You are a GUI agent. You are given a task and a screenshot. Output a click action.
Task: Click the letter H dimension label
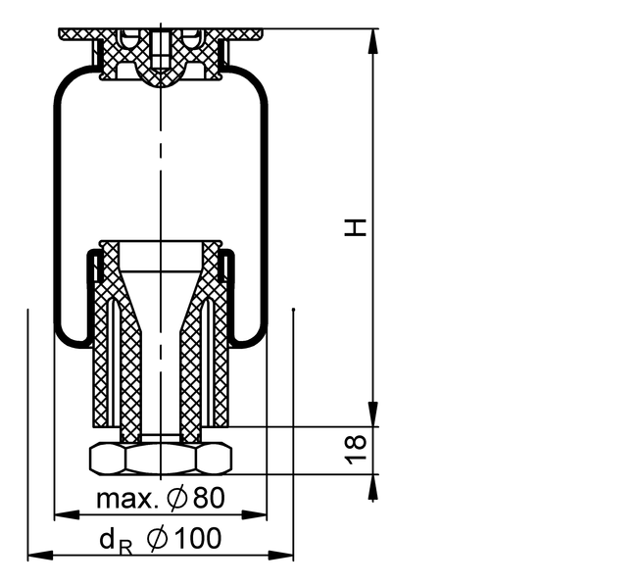click(356, 227)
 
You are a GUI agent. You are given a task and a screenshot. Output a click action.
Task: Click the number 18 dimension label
click(356, 450)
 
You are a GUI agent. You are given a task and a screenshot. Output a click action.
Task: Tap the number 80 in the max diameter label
click(209, 498)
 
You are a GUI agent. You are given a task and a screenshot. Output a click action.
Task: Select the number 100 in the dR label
click(199, 538)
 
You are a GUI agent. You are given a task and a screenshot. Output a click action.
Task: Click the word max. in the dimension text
click(127, 500)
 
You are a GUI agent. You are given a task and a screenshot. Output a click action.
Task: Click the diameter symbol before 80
click(177, 498)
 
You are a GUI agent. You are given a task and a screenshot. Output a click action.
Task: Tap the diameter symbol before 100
click(158, 539)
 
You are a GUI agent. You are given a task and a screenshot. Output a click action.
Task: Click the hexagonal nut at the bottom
click(161, 459)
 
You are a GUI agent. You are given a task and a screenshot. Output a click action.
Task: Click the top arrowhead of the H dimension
click(373, 40)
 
